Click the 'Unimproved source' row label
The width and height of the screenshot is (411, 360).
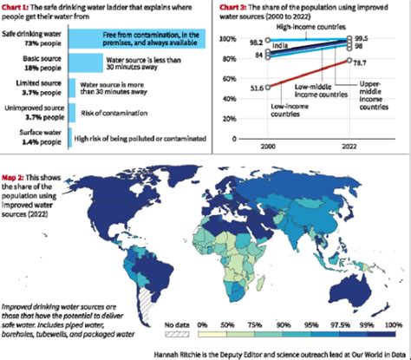[32, 108]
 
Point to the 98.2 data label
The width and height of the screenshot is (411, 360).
[255, 41]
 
